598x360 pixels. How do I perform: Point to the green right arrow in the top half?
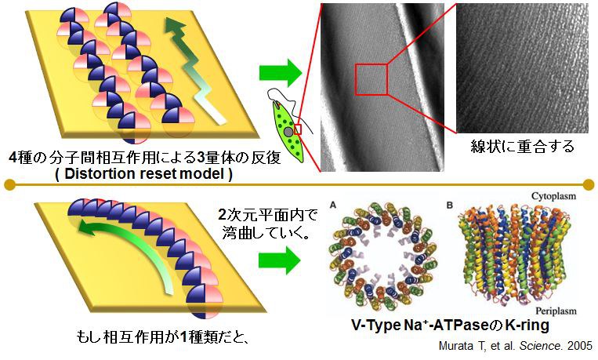point(281,75)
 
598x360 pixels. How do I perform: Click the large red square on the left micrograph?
point(371,79)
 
